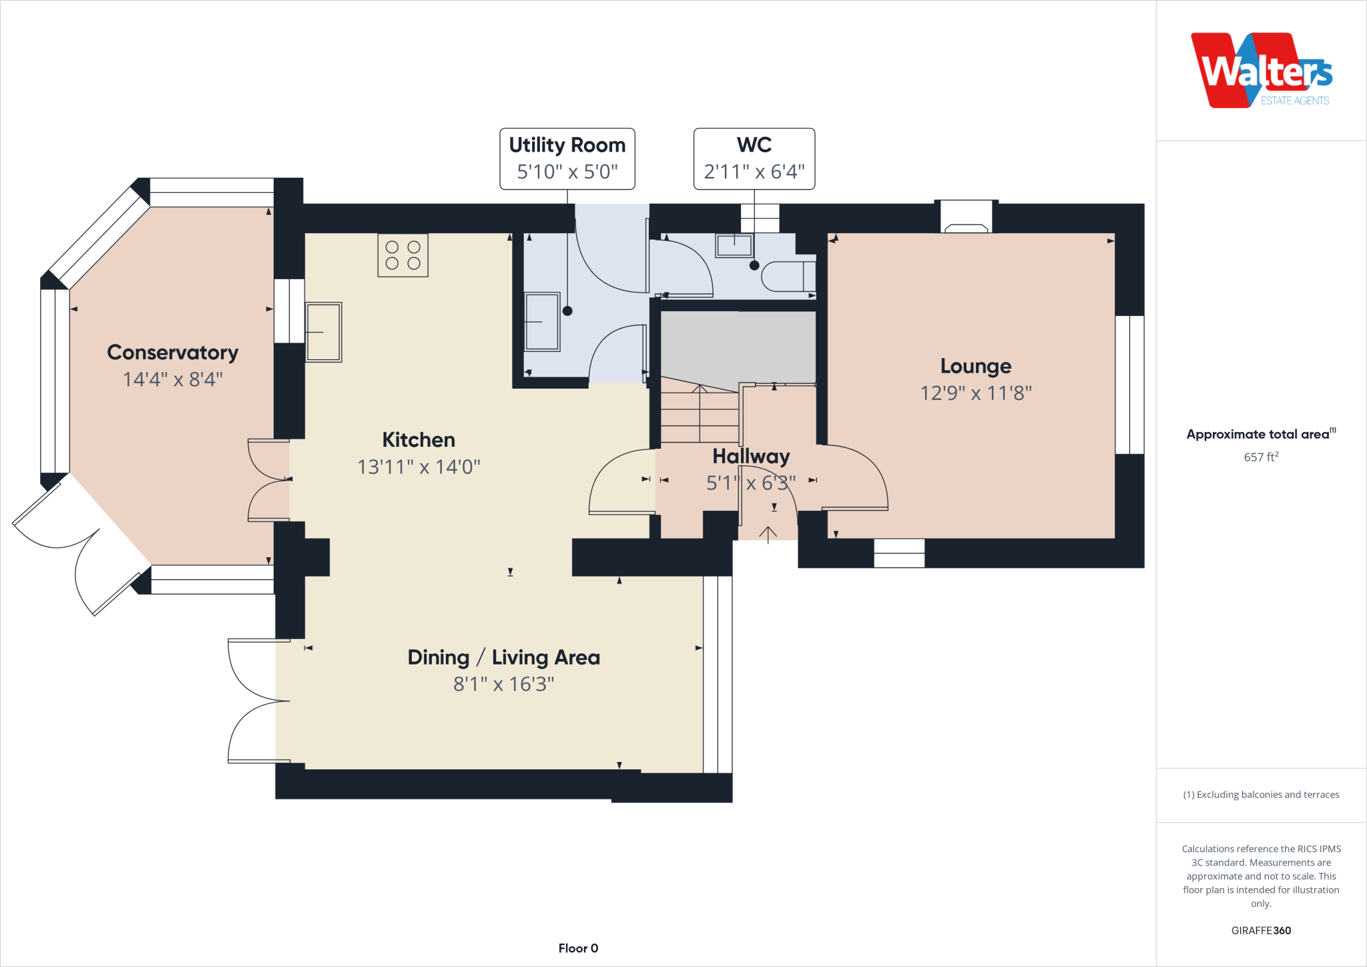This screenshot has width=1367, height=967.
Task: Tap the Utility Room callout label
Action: pyautogui.click(x=567, y=158)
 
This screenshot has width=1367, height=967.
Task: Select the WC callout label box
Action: pyautogui.click(x=754, y=158)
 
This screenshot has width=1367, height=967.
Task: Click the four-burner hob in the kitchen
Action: pyautogui.click(x=402, y=255)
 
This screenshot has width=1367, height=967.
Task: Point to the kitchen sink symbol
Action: pyautogui.click(x=324, y=332)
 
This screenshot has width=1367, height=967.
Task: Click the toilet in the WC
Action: pyautogui.click(x=788, y=276)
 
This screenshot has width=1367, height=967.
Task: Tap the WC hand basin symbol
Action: pyautogui.click(x=734, y=245)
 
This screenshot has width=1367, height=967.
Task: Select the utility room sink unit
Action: pyautogui.click(x=541, y=321)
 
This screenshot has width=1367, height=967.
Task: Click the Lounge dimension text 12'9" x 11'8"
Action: pyautogui.click(x=975, y=393)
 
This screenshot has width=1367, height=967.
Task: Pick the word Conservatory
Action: pyautogui.click(x=172, y=352)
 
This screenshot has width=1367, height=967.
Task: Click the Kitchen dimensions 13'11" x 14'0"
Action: pyautogui.click(x=419, y=466)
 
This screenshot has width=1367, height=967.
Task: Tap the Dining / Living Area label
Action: pyautogui.click(x=503, y=657)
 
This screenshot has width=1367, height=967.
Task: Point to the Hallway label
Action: pyautogui.click(x=751, y=456)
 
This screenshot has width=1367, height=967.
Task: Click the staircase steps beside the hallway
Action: pyautogui.click(x=699, y=414)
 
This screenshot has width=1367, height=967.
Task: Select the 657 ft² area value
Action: pyautogui.click(x=1260, y=457)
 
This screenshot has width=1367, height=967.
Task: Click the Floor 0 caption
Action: pyautogui.click(x=578, y=948)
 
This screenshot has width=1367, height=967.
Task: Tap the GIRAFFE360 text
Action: pyautogui.click(x=1260, y=930)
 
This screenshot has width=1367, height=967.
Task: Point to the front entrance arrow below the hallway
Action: pyautogui.click(x=768, y=534)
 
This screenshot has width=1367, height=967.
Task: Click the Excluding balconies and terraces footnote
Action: pyautogui.click(x=1260, y=795)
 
